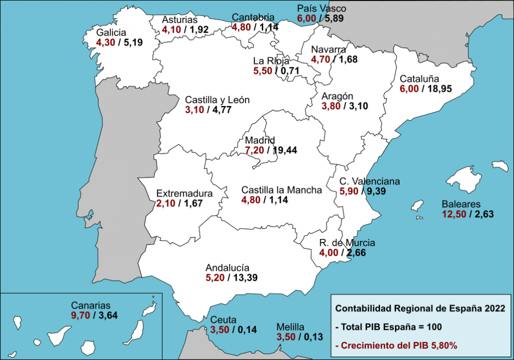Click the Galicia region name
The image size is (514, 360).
(111, 33)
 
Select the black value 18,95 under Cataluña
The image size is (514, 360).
(437, 89)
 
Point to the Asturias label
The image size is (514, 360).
(180, 20)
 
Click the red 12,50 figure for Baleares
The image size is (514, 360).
(454, 214)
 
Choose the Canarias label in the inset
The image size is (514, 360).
(90, 305)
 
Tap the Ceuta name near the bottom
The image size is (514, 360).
(223, 320)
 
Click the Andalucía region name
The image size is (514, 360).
(227, 268)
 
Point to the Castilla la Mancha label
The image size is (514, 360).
(282, 190)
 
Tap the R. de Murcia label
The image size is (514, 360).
(347, 244)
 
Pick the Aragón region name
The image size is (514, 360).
(338, 96)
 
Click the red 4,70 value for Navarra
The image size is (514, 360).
(321, 60)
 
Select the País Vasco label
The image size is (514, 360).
(321, 9)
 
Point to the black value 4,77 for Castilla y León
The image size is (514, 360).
(221, 110)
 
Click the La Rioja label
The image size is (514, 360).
(271, 61)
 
